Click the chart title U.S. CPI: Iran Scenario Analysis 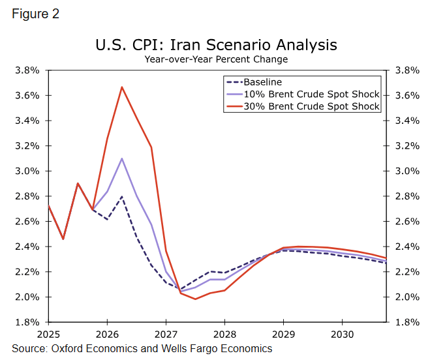(216, 45)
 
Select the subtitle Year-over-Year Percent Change (216, 59)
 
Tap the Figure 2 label (36, 14)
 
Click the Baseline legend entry (262, 82)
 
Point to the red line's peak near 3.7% (121, 87)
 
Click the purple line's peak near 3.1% (121, 158)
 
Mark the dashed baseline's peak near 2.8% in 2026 (121, 196)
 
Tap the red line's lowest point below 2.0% (195, 299)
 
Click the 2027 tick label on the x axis (166, 334)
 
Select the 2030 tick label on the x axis (342, 334)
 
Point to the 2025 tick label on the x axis (48, 334)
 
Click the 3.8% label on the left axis (27, 70)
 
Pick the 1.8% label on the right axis (406, 322)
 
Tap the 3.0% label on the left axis (27, 171)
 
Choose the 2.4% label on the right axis (406, 247)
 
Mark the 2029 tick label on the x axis (283, 334)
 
